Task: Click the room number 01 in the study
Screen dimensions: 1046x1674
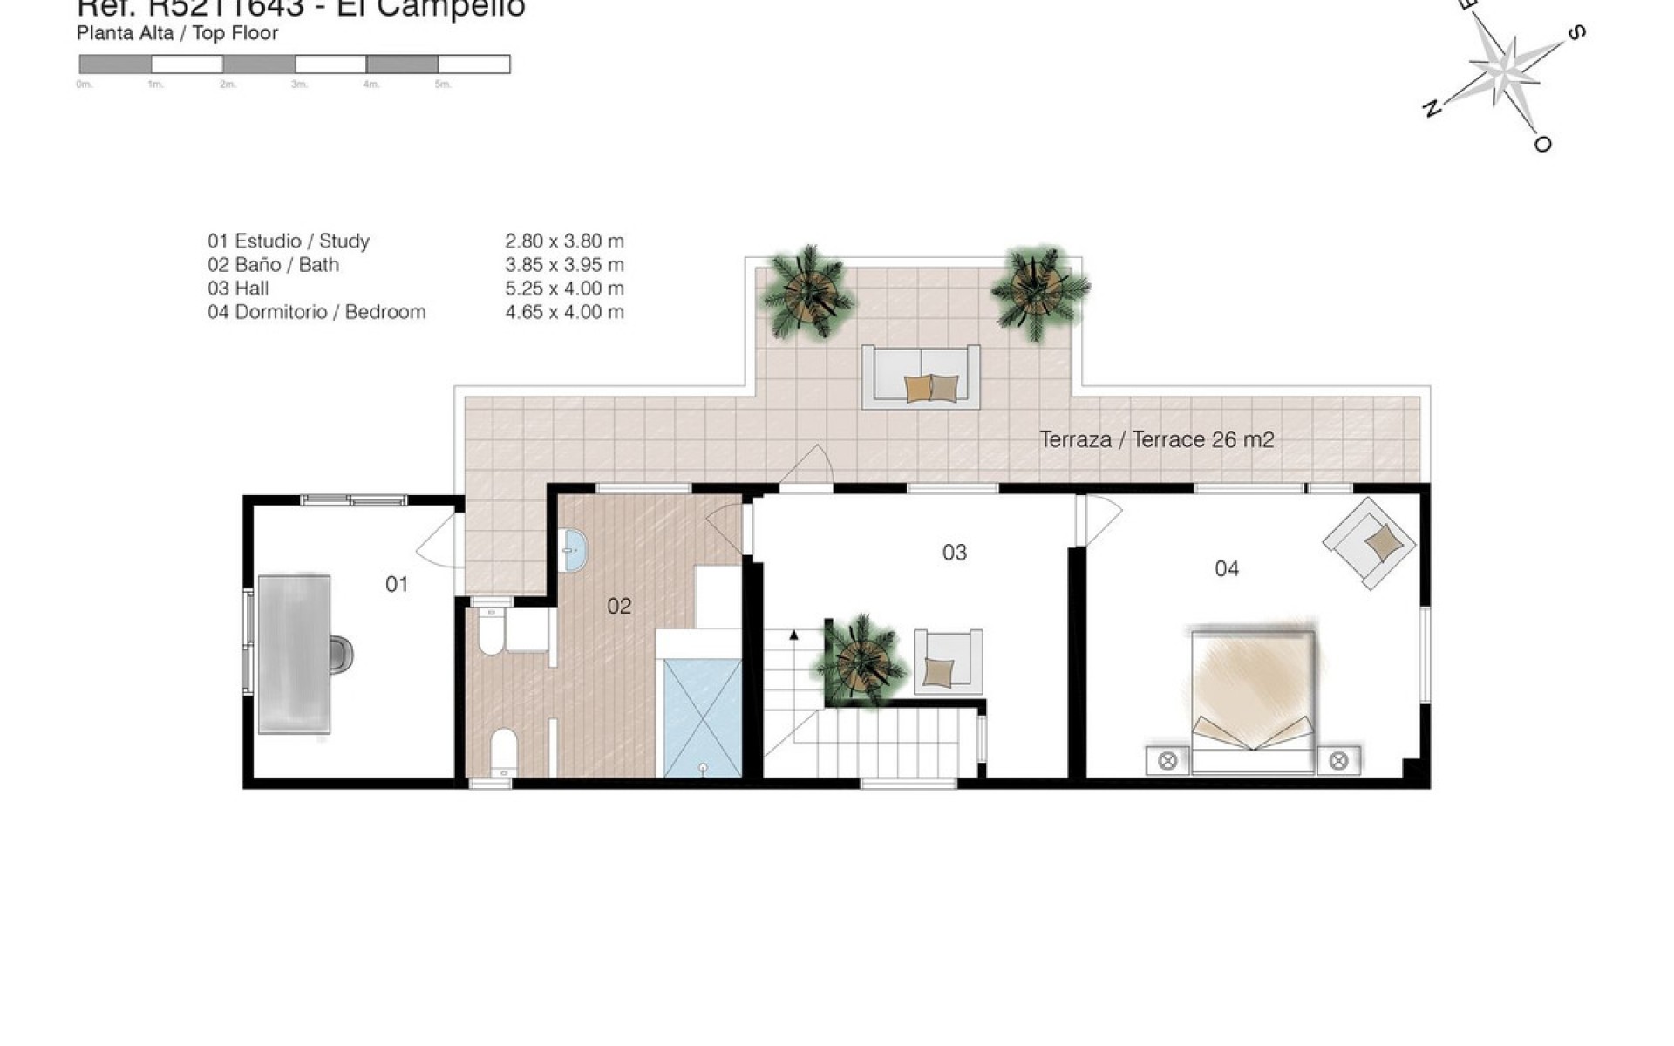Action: click(x=397, y=584)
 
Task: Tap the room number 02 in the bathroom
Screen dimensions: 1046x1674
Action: click(x=619, y=606)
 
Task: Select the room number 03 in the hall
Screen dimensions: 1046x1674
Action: click(x=955, y=553)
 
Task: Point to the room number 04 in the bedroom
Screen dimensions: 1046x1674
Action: click(x=1227, y=569)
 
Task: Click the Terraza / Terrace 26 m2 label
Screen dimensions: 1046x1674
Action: click(x=1156, y=439)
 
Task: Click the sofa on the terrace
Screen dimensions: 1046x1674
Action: click(x=921, y=377)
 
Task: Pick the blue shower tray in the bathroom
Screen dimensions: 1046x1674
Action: click(x=702, y=719)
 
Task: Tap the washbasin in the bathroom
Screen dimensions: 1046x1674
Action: click(x=575, y=550)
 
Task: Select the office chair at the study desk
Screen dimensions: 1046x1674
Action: click(x=341, y=655)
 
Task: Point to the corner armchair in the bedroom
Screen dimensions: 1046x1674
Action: click(x=1370, y=542)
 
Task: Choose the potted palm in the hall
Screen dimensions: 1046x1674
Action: click(x=859, y=660)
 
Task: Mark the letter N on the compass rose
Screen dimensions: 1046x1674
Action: click(x=1430, y=108)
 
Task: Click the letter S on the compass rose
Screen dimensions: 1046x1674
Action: click(x=1575, y=33)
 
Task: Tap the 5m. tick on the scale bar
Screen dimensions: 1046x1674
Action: click(x=443, y=85)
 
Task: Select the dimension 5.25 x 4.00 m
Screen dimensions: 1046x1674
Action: click(x=564, y=289)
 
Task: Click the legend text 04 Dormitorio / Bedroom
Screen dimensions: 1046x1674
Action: click(x=316, y=312)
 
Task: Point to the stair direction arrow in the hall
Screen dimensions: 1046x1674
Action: click(x=794, y=635)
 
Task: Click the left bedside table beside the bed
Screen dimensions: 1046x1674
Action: click(x=1167, y=761)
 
